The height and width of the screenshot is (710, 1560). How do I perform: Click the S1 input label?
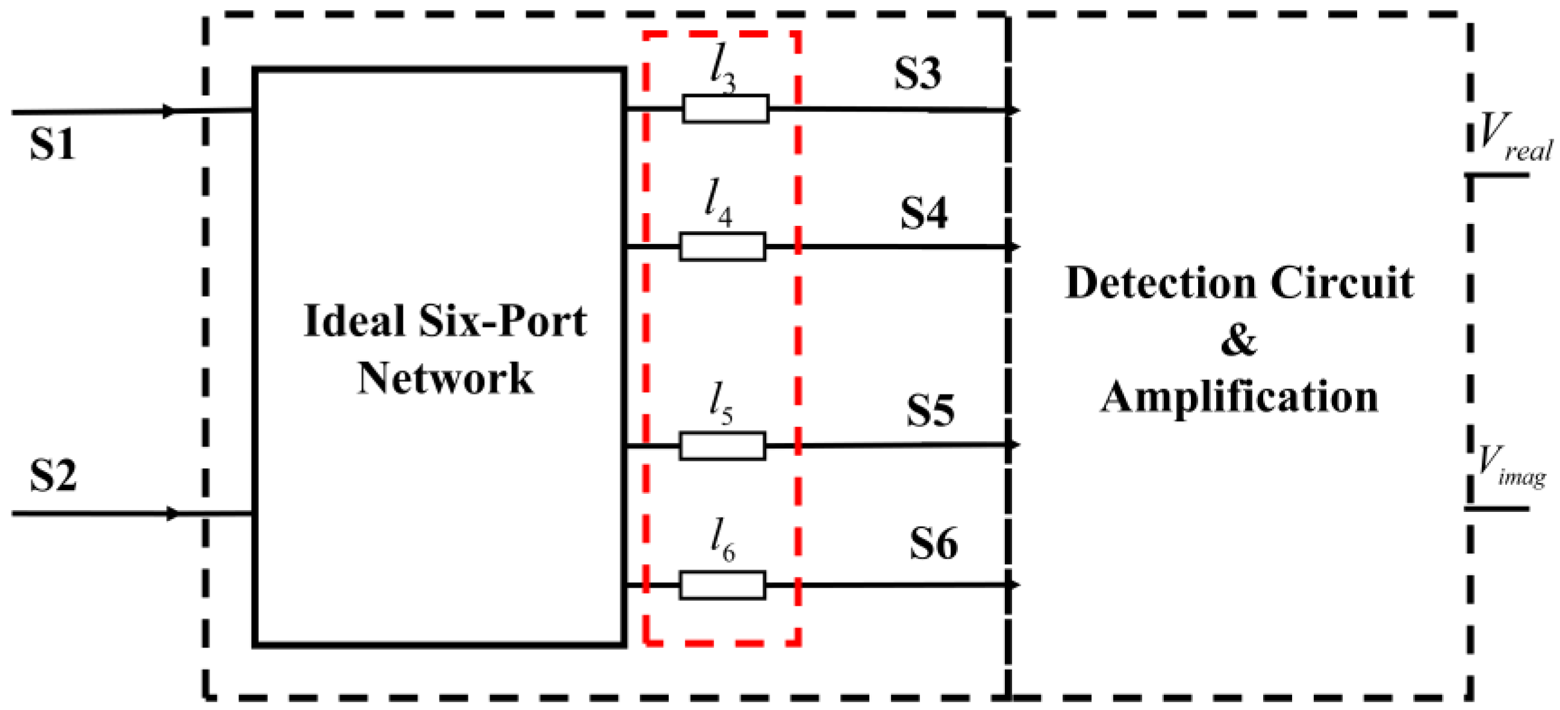(52, 145)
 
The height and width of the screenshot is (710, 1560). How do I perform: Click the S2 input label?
(54, 476)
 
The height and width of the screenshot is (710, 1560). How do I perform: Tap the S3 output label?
(918, 75)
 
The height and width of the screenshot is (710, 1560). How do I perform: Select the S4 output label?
(924, 214)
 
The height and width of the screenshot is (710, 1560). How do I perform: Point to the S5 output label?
(930, 411)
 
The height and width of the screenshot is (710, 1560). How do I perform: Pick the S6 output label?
(933, 543)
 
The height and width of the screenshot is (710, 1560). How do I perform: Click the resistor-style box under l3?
(726, 110)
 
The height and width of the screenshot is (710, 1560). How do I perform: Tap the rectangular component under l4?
(722, 246)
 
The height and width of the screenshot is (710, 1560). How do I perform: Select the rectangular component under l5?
(722, 446)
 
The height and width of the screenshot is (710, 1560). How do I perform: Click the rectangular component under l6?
(722, 585)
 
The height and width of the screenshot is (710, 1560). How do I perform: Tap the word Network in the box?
(445, 379)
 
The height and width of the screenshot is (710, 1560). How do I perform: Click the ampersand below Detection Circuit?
(1239, 340)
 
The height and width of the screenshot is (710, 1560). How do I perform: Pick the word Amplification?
(1239, 397)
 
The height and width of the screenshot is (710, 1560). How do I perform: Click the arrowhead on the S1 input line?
(169, 111)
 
